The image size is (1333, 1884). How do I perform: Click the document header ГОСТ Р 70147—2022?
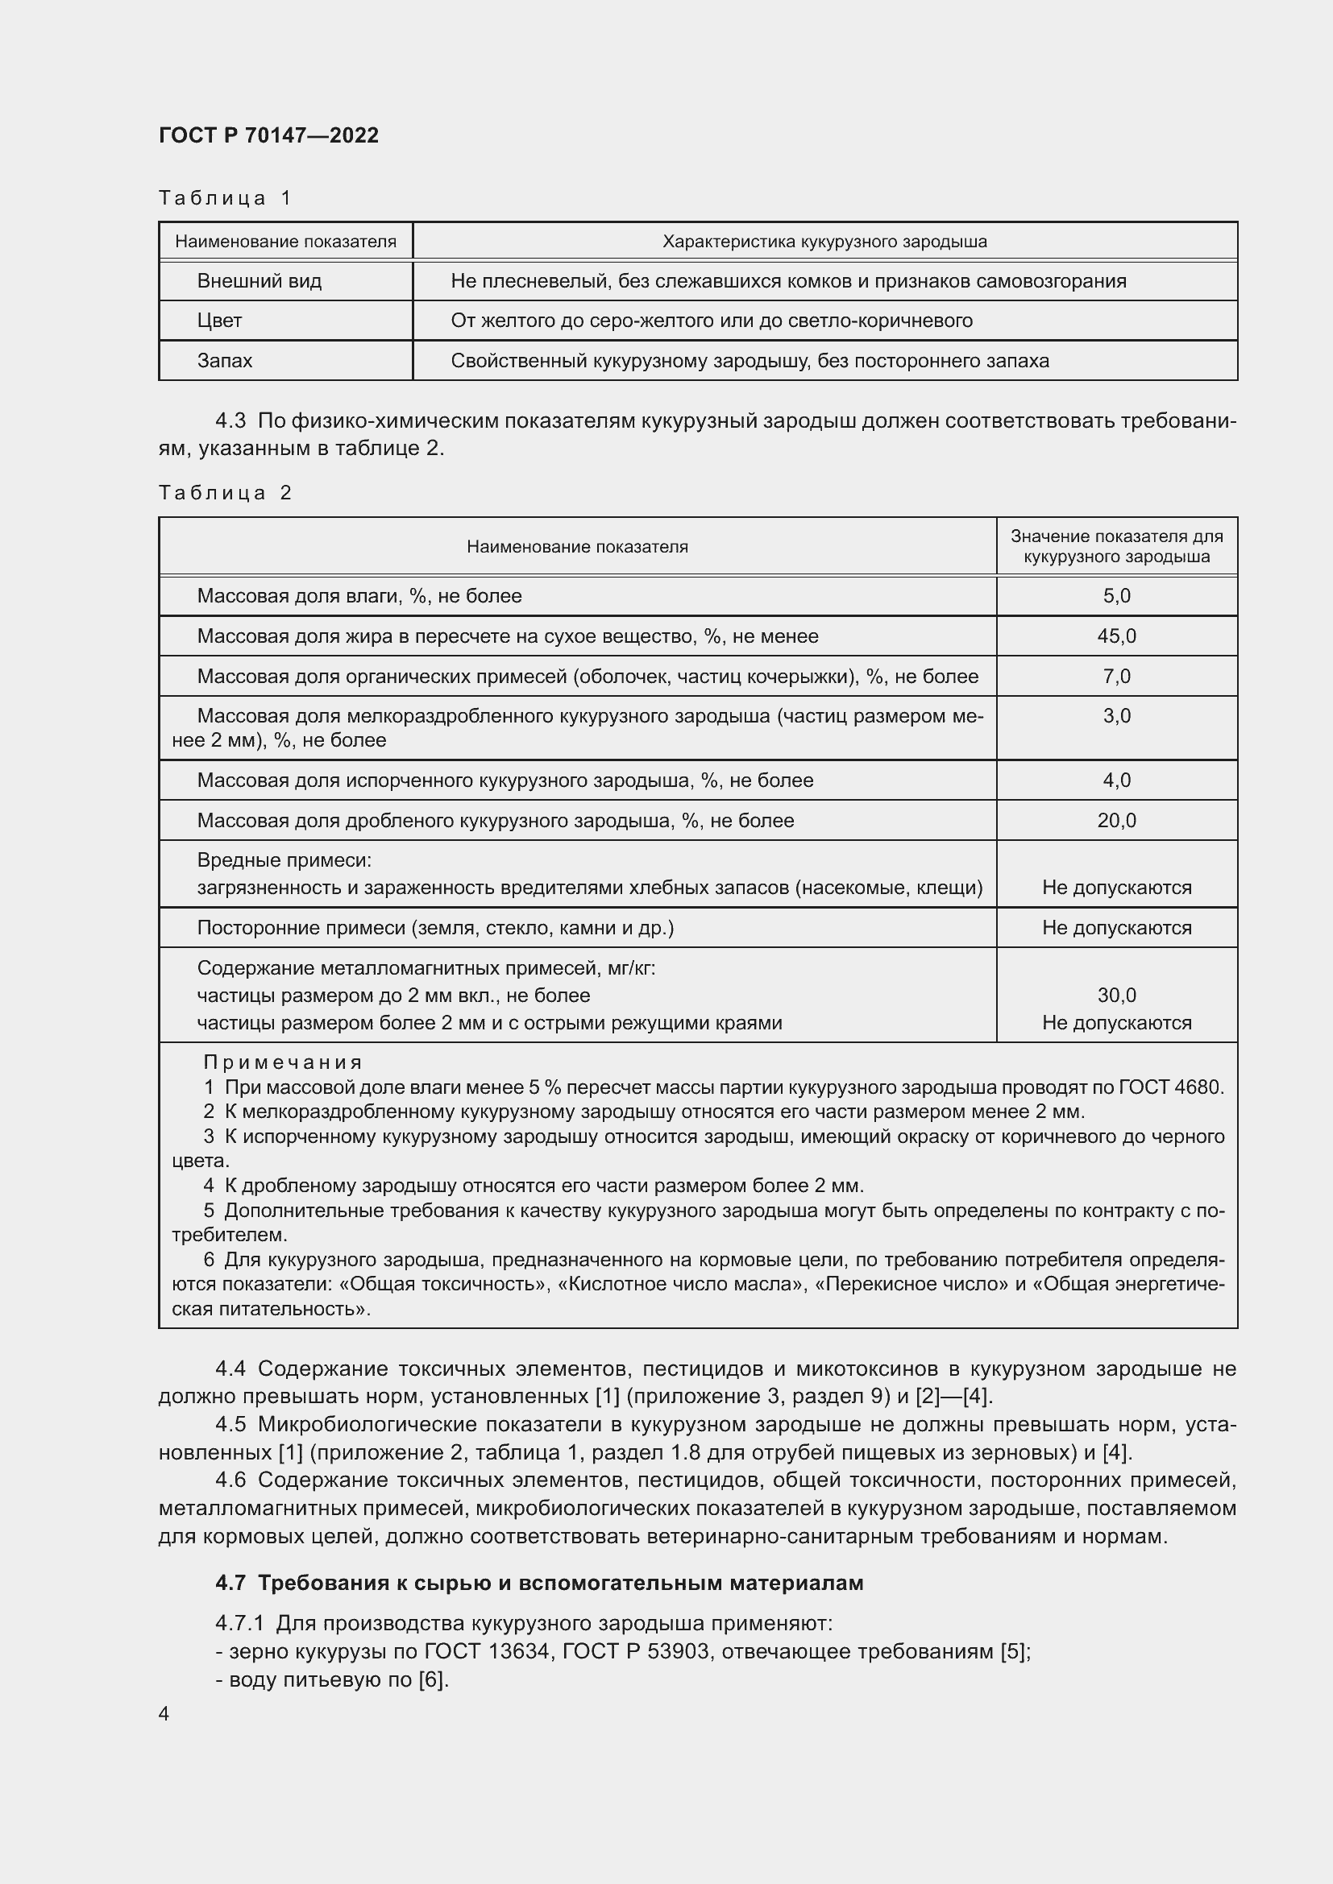coord(268,135)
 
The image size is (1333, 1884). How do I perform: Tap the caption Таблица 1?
coord(225,198)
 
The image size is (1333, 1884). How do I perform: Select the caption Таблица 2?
coord(225,492)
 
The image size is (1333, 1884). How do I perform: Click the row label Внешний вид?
coord(259,281)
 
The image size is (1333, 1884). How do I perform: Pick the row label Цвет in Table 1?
coord(219,321)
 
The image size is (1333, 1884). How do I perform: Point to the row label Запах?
coord(224,361)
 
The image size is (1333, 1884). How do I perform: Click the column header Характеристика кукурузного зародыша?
coord(824,242)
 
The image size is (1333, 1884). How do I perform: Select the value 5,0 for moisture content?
coord(1116,597)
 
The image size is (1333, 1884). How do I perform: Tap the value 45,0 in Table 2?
coord(1116,637)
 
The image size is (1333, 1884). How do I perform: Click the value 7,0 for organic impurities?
coord(1116,677)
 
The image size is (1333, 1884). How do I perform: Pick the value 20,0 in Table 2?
coord(1116,821)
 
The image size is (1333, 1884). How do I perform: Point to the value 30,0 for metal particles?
coord(1116,996)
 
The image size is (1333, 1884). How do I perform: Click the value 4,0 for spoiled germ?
coord(1116,781)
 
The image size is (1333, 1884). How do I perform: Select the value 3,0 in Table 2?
coord(1116,716)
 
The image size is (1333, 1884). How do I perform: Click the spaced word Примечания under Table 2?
coord(283,1062)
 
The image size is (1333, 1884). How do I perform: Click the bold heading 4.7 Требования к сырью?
coord(539,1583)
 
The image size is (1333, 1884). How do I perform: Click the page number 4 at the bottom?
coord(164,1714)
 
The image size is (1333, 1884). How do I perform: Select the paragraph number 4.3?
coord(230,421)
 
